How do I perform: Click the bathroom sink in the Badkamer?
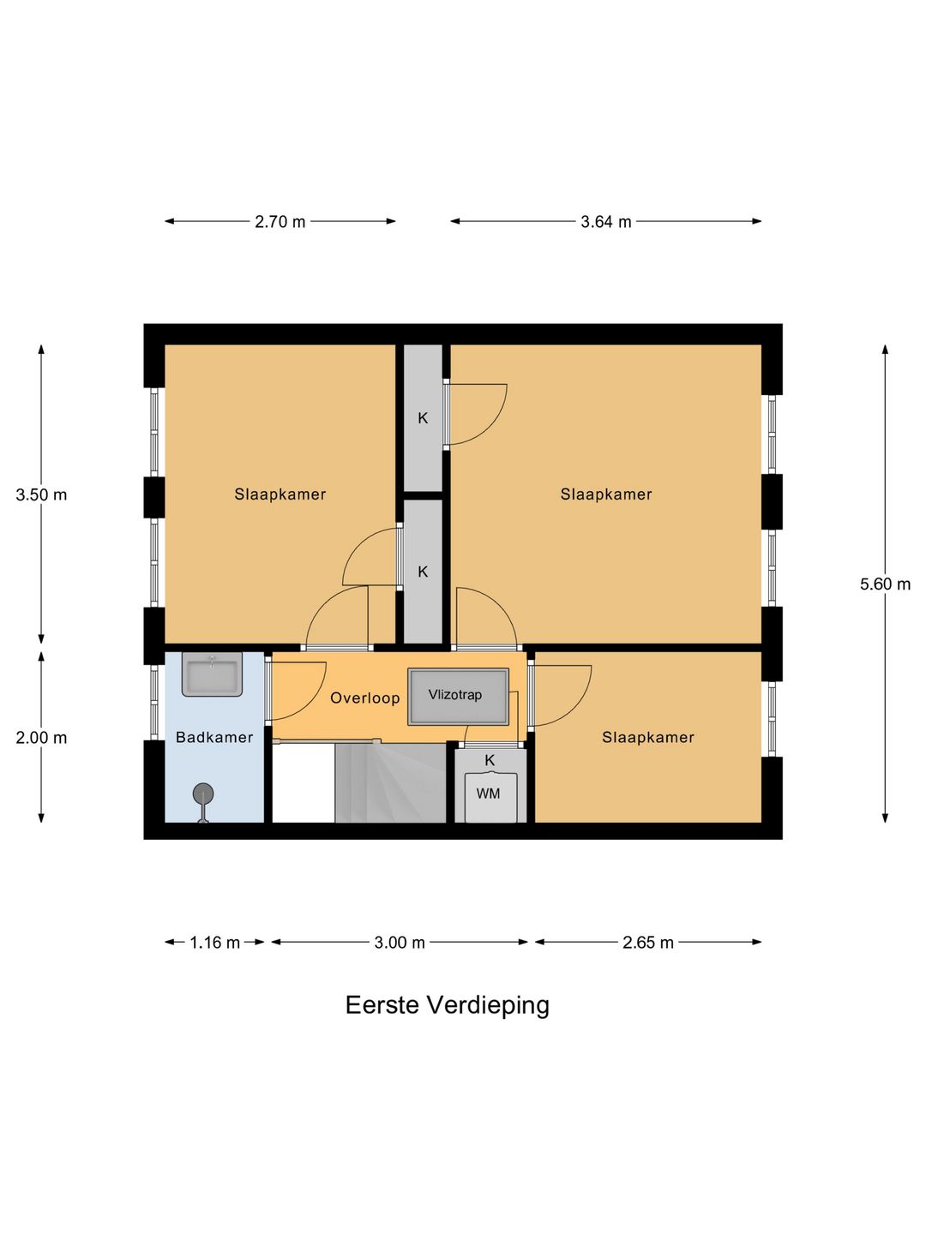point(212,674)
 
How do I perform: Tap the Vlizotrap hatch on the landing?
point(458,697)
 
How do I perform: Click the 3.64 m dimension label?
point(605,222)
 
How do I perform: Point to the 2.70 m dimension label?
point(280,222)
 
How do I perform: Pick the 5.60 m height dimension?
point(885,584)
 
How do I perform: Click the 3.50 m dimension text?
point(41,494)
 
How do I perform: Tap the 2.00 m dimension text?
point(41,738)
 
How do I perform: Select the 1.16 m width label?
point(214,943)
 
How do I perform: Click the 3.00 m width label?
point(400,943)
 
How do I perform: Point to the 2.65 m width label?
point(647,943)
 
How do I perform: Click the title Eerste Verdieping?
point(448,1006)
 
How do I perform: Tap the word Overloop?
point(365,698)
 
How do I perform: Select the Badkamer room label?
point(214,737)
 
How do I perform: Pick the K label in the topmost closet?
point(423,418)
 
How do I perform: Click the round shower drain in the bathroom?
point(203,794)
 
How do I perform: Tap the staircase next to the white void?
point(391,782)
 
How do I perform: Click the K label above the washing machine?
point(490,761)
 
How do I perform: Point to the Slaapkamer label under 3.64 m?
point(605,494)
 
